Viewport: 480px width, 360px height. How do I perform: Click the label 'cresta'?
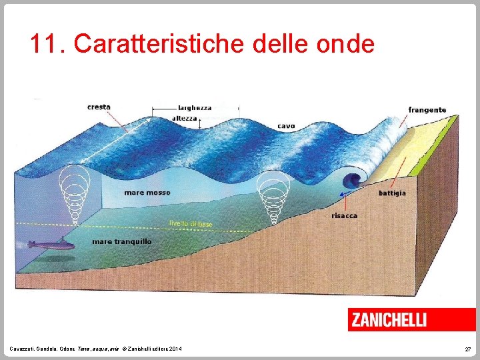point(99,107)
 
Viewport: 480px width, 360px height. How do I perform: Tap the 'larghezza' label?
point(195,107)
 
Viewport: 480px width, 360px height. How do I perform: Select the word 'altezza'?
point(185,118)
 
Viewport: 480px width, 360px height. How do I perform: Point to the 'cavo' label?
point(286,125)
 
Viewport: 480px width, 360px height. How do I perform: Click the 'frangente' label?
point(427,110)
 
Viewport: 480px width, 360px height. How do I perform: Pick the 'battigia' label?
point(392,193)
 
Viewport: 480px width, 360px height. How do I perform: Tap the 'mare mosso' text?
point(147,193)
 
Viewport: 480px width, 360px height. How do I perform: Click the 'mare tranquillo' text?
point(122,241)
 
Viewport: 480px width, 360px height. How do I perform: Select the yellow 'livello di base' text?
point(191,224)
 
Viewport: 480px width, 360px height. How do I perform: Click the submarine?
point(50,245)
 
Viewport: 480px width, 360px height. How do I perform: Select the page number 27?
point(467,349)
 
